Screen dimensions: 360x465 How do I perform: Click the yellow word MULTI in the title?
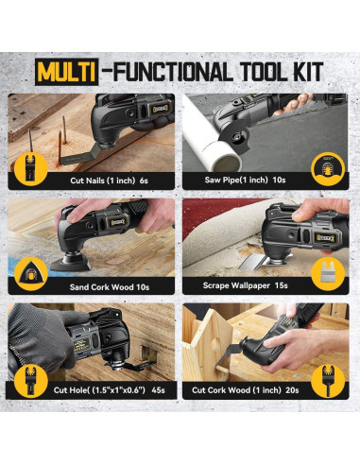[66, 72]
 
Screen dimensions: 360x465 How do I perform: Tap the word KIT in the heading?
[306, 72]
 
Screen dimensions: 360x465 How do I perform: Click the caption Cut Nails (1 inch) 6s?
[109, 181]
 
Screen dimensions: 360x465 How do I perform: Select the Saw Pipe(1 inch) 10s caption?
[245, 180]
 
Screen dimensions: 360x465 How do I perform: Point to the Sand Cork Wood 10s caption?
[110, 287]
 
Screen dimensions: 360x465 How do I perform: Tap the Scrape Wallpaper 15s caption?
[245, 285]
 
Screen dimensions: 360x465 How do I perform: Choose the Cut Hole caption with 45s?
[109, 390]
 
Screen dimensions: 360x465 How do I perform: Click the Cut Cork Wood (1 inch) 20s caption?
[246, 390]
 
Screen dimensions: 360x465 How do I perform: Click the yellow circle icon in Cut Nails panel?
[31, 168]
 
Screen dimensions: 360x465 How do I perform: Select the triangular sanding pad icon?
[31, 274]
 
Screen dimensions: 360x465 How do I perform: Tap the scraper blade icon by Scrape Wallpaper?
[328, 274]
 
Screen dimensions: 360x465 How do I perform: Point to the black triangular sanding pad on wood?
[70, 262]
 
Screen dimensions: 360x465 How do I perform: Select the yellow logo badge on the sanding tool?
[117, 222]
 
